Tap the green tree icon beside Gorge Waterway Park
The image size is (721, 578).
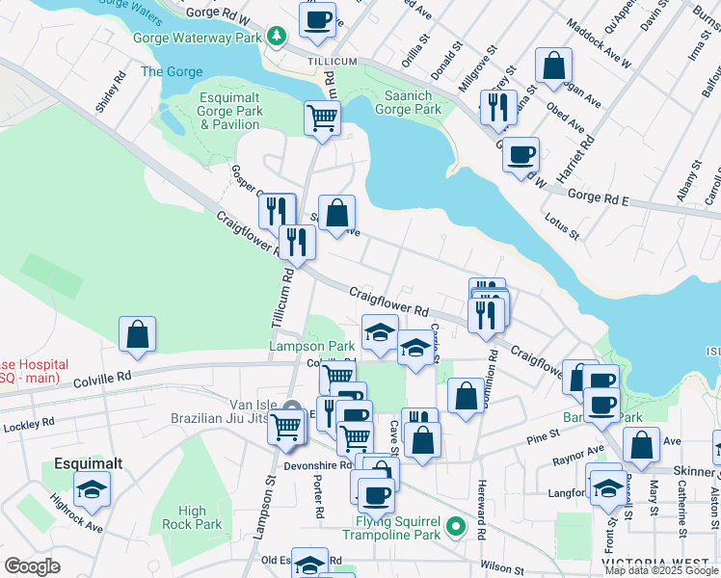(x=278, y=37)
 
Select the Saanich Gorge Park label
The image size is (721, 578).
(x=401, y=101)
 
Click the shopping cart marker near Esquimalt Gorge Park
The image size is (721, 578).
(x=322, y=118)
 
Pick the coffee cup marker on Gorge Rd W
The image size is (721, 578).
(x=317, y=19)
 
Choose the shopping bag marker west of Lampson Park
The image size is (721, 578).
(x=138, y=334)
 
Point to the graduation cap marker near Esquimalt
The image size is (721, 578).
(x=92, y=488)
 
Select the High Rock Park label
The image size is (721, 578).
(x=192, y=518)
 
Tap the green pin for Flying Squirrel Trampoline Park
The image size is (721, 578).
(x=458, y=528)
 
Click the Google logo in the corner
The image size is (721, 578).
(x=32, y=566)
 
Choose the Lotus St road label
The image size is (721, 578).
(x=561, y=228)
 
